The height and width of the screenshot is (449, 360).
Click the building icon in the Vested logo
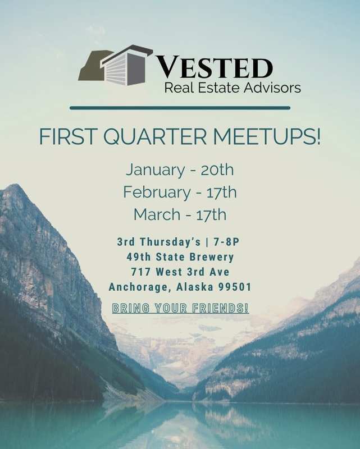(115, 65)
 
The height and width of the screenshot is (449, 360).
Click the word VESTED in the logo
(213, 68)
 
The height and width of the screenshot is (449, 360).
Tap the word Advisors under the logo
(272, 88)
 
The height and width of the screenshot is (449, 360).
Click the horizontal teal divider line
(180, 108)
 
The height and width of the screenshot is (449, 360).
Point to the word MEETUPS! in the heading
(267, 136)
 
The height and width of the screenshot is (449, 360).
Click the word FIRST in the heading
(67, 136)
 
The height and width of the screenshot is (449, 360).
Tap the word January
(155, 171)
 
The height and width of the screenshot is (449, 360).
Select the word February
(157, 193)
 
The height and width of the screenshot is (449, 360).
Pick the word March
(157, 214)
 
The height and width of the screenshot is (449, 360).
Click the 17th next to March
(211, 214)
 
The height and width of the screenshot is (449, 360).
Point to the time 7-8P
(226, 242)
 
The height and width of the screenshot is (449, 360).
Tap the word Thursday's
(170, 242)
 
